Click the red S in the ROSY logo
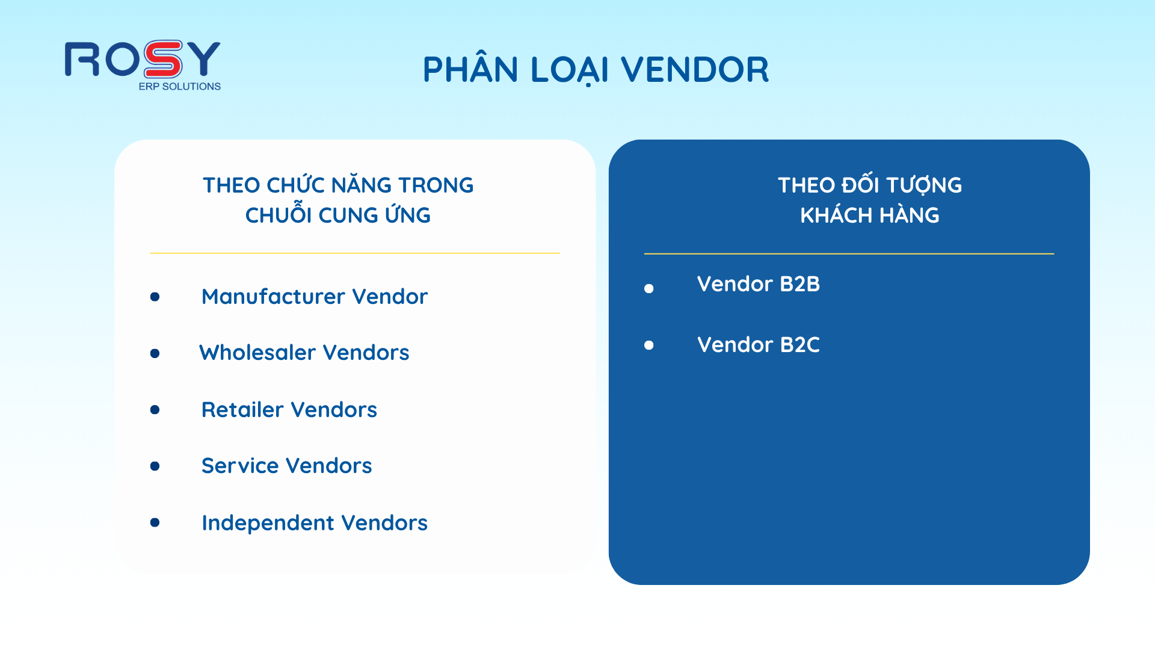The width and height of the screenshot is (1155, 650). coord(162,59)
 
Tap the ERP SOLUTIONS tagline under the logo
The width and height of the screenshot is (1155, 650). coord(180,87)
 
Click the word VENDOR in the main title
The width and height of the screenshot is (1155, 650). coord(695,70)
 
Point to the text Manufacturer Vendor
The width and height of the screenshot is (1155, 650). coord(315,297)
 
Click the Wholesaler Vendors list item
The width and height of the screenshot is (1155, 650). coord(304,353)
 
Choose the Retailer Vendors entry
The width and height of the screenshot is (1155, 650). coord(289,410)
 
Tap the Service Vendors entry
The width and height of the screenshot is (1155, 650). coord(287,466)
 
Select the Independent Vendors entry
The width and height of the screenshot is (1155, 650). coord(315,523)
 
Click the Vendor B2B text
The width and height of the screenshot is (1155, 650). coord(759,284)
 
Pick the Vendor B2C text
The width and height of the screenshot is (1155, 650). coord(759,345)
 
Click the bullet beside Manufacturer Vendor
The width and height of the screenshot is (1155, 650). coord(155,297)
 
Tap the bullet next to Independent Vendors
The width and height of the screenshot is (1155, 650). coord(155,522)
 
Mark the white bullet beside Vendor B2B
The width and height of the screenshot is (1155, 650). coord(649,289)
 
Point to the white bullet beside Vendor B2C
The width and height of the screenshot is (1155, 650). coord(649,345)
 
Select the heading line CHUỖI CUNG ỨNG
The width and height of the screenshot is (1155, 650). coord(338,214)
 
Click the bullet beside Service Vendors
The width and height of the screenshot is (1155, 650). coord(155,466)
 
